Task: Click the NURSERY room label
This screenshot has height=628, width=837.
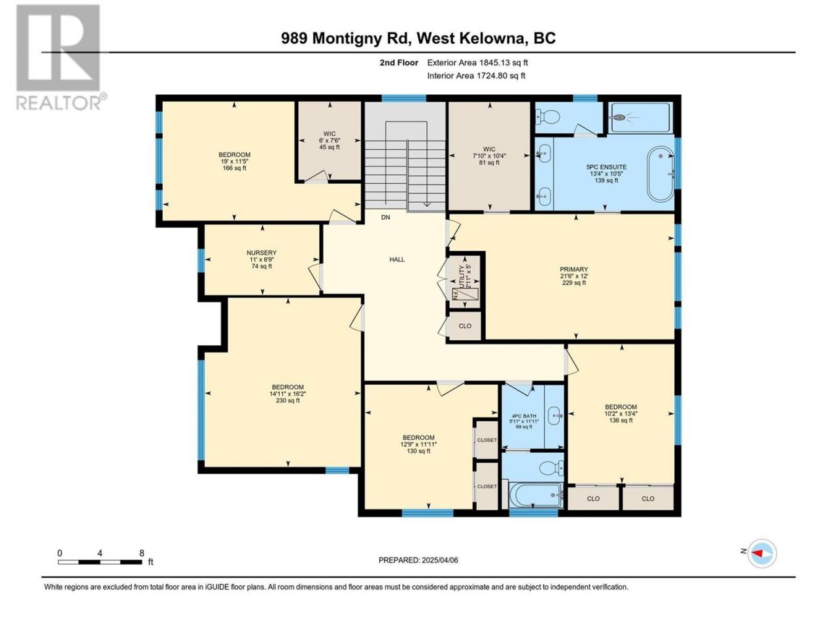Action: [x=261, y=253]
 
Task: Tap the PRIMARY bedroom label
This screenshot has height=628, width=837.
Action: [x=574, y=270]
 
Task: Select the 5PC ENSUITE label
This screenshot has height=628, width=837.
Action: [x=606, y=167]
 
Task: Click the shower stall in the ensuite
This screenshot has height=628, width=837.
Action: [x=641, y=118]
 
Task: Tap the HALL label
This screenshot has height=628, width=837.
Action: [x=397, y=259]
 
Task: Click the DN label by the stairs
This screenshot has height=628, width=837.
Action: [x=386, y=217]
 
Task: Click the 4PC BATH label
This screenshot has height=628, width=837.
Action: [x=524, y=416]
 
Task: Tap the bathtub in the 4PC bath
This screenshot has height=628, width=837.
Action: [x=536, y=495]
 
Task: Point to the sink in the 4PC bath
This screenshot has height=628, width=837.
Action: [x=555, y=415]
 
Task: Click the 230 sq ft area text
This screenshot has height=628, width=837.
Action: [x=288, y=400]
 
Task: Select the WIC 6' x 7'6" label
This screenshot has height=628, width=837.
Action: [x=330, y=140]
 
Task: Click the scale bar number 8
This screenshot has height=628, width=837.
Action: [x=142, y=553]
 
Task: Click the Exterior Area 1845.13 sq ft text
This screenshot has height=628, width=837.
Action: [x=477, y=63]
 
